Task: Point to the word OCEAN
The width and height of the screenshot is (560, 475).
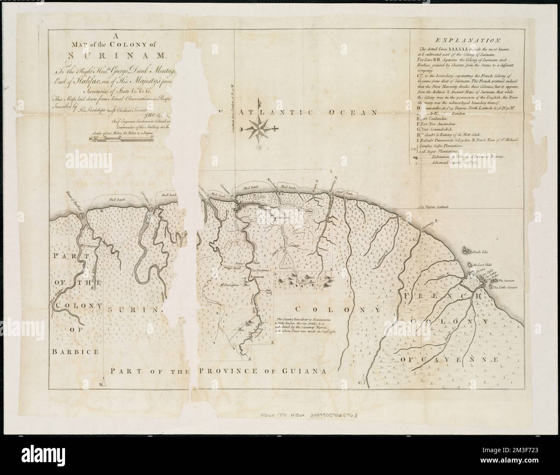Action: point(359,113)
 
